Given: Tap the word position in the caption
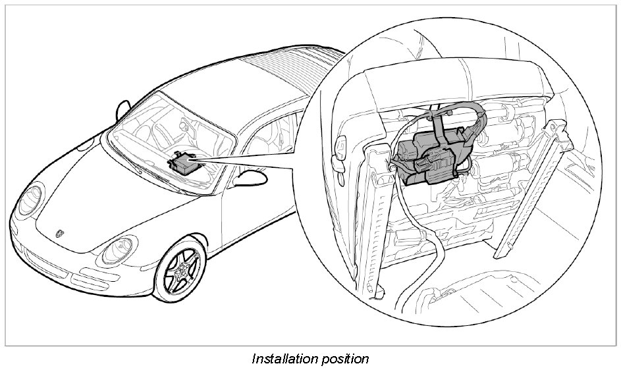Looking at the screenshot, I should (x=345, y=359).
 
